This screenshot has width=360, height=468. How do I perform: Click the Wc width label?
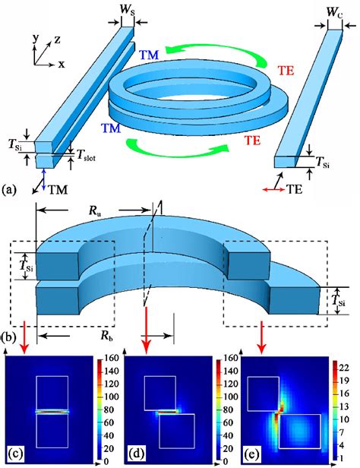pos(335,12)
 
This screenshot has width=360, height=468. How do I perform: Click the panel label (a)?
pos(8,189)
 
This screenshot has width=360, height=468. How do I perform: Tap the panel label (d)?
pos(137,454)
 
